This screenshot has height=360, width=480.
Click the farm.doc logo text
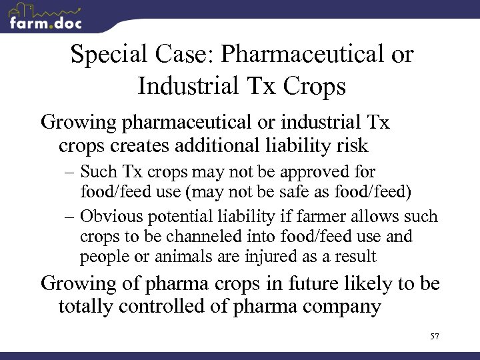coord(46,23)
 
